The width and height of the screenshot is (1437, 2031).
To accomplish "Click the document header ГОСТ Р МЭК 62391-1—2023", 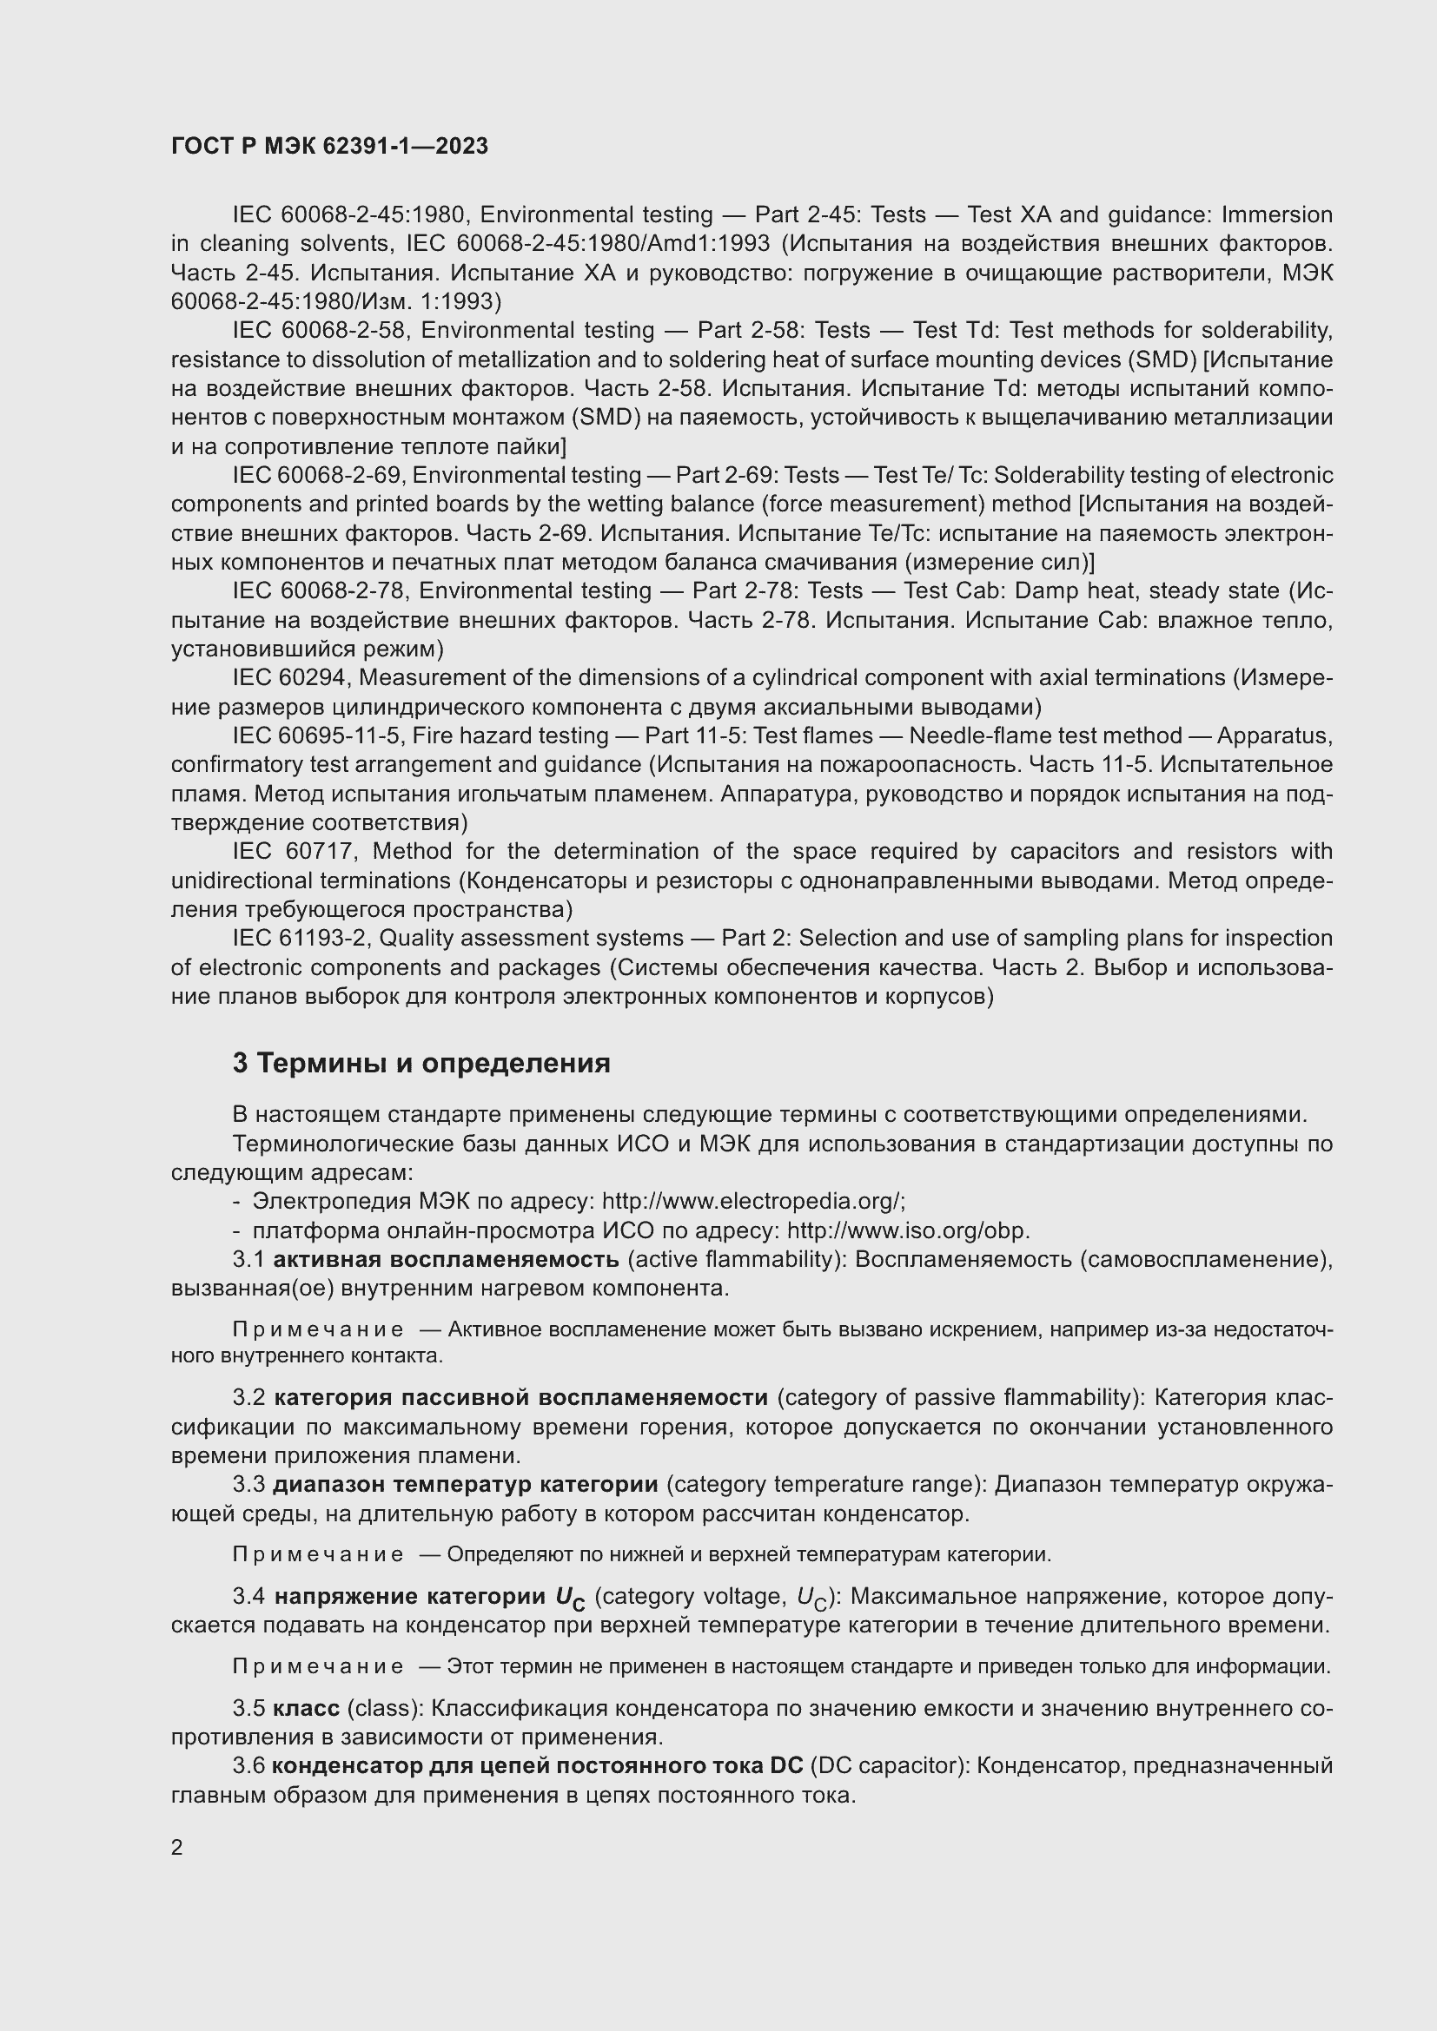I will [x=329, y=147].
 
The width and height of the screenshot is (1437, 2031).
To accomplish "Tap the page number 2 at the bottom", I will [x=177, y=1847].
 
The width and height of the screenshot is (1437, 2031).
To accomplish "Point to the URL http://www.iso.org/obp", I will [x=907, y=1230].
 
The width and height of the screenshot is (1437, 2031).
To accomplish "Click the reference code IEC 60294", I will [x=293, y=677].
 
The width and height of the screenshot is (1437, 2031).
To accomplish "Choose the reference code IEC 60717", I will [x=293, y=851].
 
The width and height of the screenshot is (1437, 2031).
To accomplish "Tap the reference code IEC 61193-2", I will [x=300, y=938].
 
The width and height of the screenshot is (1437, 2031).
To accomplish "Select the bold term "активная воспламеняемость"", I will [x=446, y=1259].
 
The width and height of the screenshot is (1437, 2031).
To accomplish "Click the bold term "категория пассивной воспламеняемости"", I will [x=520, y=1398].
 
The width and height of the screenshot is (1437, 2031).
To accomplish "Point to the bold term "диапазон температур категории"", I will [x=466, y=1484].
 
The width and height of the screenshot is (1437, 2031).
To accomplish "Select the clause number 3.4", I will [x=248, y=1597].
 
